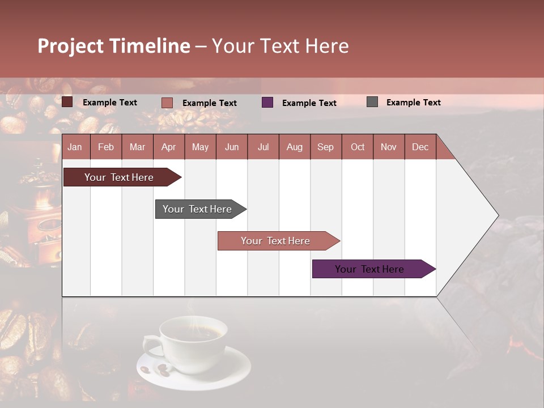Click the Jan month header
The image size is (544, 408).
click(75, 147)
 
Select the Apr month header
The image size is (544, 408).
click(168, 147)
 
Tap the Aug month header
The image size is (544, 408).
click(294, 147)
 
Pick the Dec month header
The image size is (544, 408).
click(420, 147)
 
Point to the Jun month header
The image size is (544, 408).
click(231, 147)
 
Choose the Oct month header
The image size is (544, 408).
click(357, 147)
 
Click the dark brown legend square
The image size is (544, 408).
click(67, 102)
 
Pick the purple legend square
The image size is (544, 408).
click(267, 103)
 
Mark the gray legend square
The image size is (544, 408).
click(372, 102)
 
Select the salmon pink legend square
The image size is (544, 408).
click(167, 103)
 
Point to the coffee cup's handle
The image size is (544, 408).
click(151, 345)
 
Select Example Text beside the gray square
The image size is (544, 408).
click(413, 102)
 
